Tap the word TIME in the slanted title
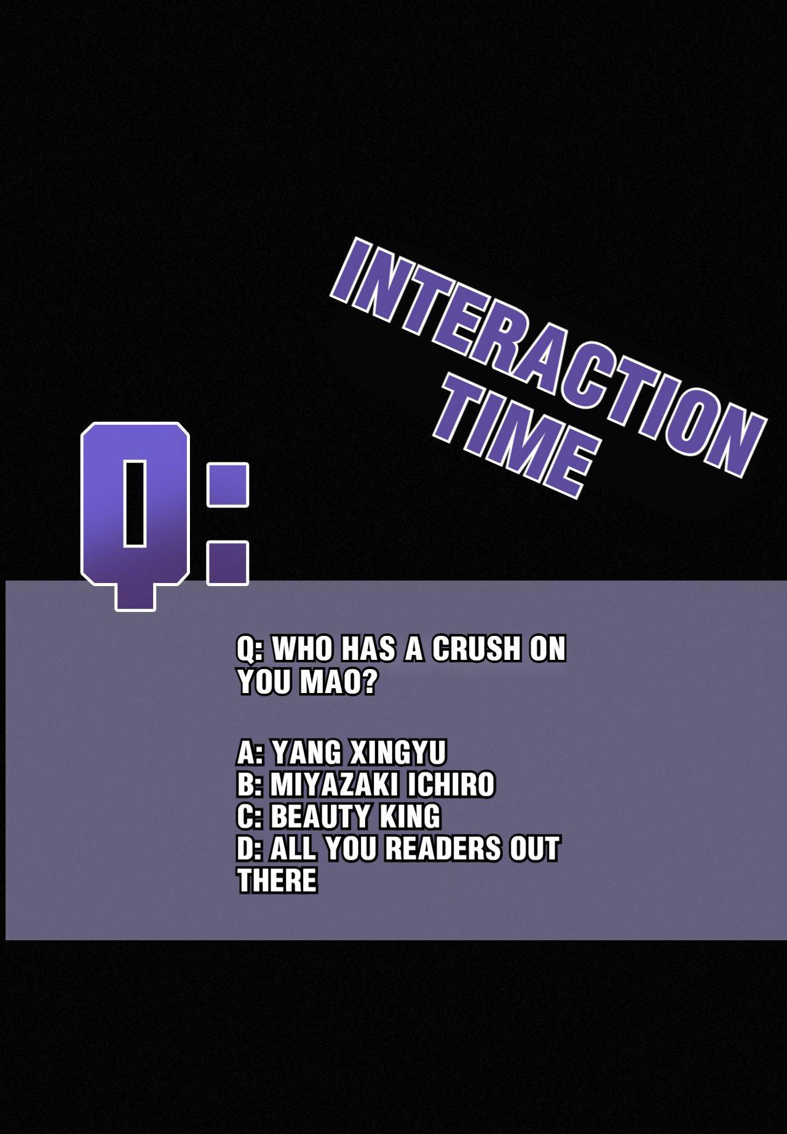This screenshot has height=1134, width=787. (516, 437)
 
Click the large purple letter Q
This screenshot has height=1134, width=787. (135, 515)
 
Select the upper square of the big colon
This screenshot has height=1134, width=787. (227, 485)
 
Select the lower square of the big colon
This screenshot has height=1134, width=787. (227, 563)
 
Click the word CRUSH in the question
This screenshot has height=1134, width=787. (476, 649)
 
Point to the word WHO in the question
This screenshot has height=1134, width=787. (301, 649)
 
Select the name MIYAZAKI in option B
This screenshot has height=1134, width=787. (331, 785)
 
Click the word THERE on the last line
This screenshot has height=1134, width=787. (277, 881)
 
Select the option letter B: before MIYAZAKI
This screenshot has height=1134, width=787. (250, 785)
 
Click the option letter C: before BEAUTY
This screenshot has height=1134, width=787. (250, 817)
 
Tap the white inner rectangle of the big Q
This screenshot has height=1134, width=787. (135, 502)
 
